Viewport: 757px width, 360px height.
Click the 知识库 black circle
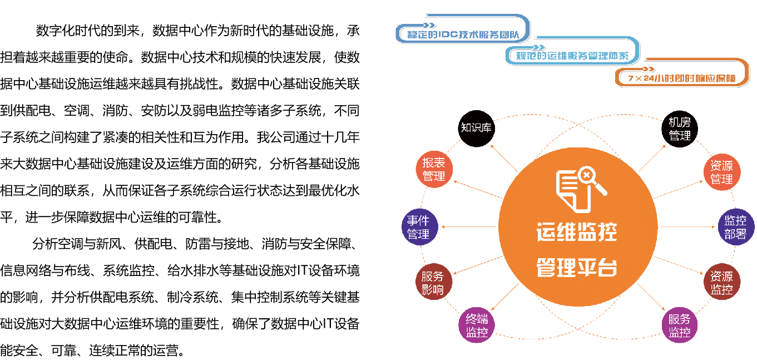tap(476, 129)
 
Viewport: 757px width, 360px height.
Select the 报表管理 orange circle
tap(434, 170)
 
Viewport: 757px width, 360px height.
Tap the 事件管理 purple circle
tap(419, 227)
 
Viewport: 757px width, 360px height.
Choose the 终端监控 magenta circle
tap(477, 326)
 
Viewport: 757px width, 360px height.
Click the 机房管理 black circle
tap(680, 129)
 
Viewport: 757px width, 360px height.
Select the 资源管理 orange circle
tap(722, 172)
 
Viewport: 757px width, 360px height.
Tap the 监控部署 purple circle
tap(736, 227)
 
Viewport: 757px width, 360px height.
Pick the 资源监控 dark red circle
tap(722, 283)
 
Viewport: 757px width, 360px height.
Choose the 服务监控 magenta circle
tap(680, 326)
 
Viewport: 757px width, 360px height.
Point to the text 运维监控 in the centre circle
tap(577, 232)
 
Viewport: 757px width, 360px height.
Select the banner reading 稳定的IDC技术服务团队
tap(463, 34)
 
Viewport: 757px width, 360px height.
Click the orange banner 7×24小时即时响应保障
tap(681, 78)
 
